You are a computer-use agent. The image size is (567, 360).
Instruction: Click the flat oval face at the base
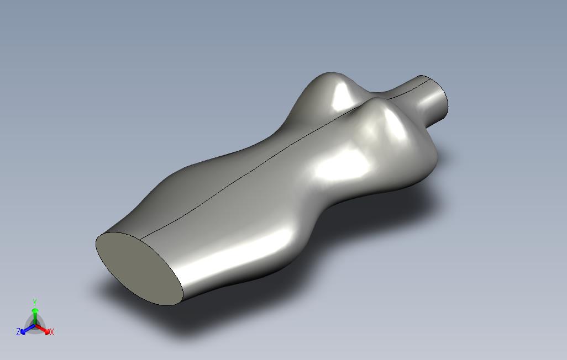(x=139, y=269)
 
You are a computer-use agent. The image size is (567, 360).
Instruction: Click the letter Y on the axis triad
(x=35, y=302)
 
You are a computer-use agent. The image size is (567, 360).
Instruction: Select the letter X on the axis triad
(x=52, y=332)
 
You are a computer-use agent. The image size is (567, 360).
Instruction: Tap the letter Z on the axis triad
(x=18, y=331)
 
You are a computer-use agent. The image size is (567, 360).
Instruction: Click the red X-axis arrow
(x=43, y=329)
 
